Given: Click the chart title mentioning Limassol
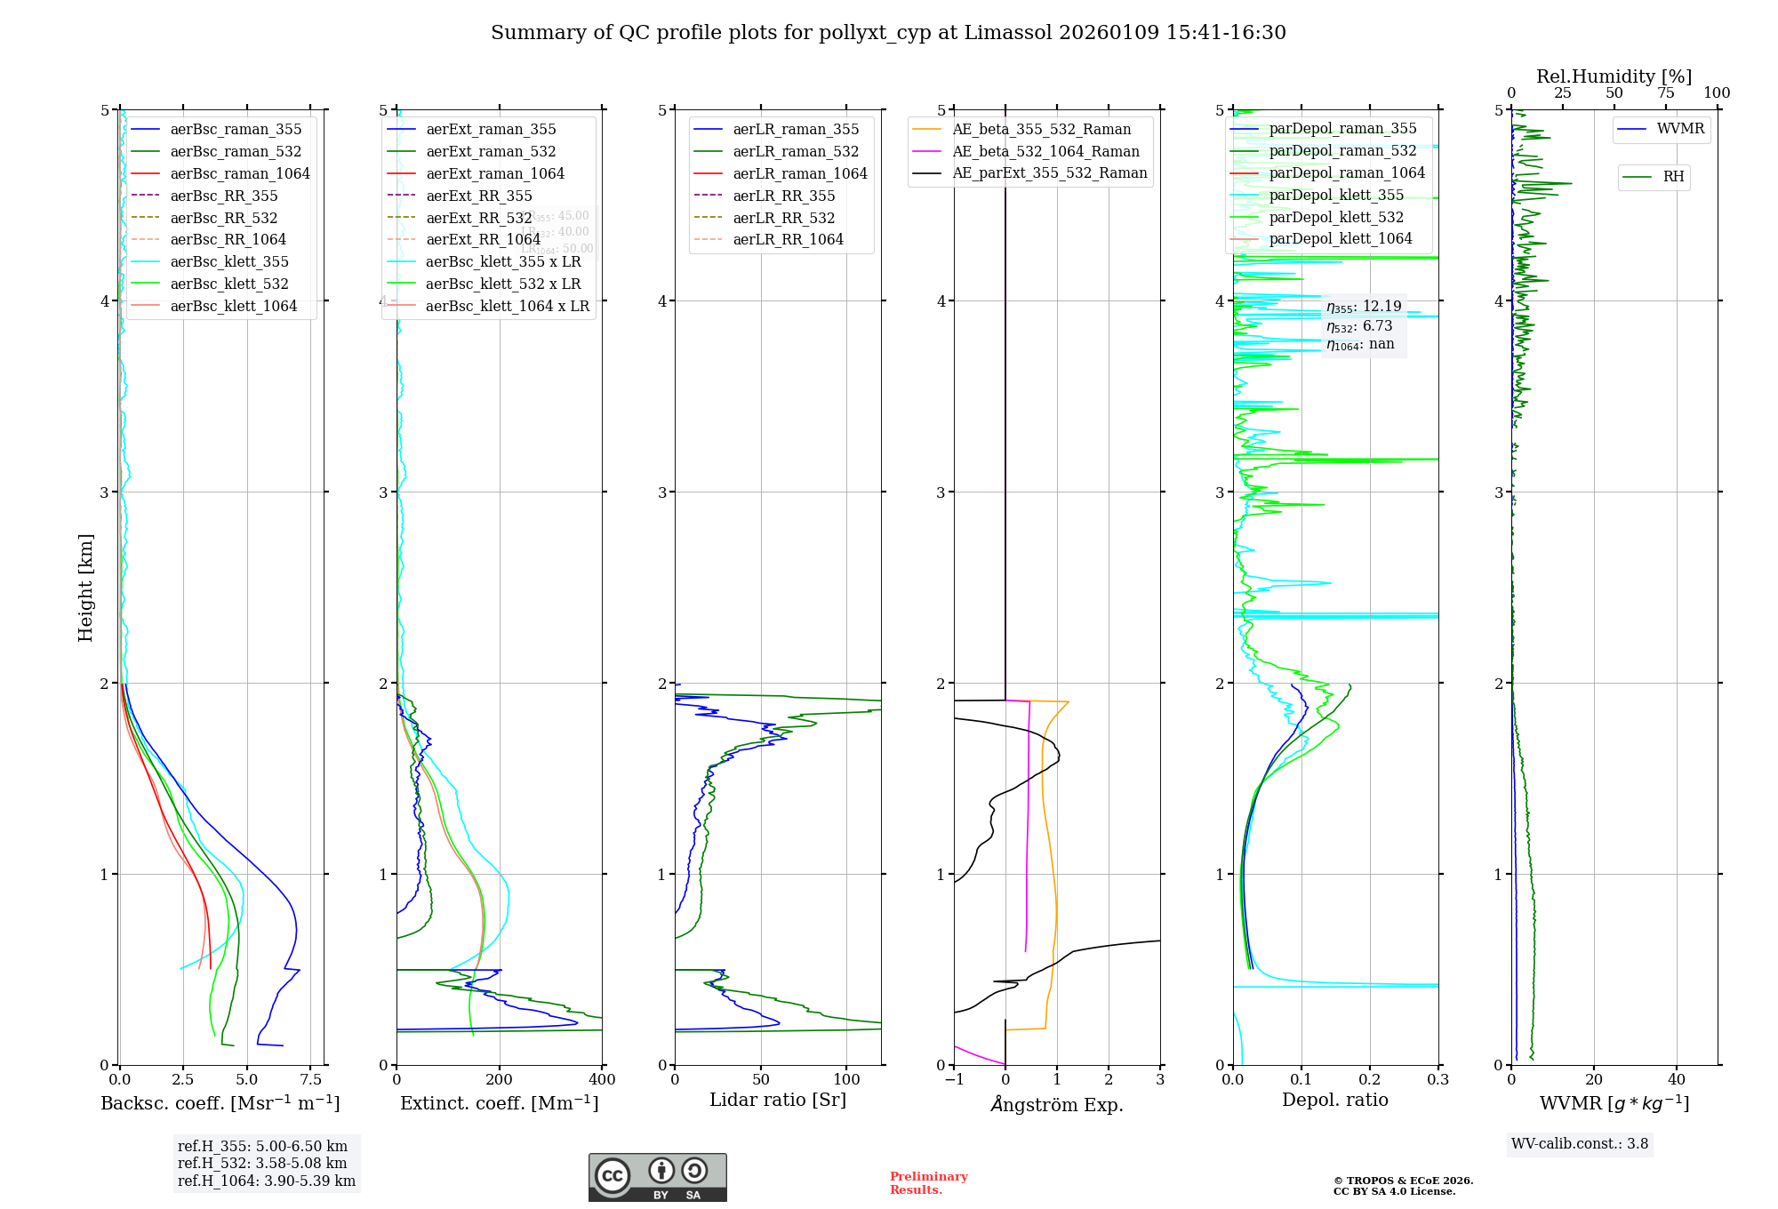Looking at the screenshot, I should coord(888,33).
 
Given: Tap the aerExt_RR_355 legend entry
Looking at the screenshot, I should coord(478,196).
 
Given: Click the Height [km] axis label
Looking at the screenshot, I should coord(85,588).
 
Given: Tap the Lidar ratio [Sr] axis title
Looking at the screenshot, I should coord(778,1100).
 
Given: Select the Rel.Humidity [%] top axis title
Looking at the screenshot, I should coord(1614,76).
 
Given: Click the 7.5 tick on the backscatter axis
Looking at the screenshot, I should coord(310,1080).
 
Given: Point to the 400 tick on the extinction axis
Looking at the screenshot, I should coord(602,1080).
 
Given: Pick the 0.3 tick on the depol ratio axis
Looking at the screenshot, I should coord(1438,1080).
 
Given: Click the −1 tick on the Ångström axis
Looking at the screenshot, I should coord(954,1080).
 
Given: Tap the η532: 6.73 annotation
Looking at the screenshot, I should coord(1359,326).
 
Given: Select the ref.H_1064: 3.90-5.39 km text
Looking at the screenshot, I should coord(266,1181).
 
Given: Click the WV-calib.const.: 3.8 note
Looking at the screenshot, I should coord(1580,1144).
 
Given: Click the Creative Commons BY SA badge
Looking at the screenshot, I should coord(657,1177).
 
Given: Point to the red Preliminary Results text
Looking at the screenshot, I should coord(928,1183).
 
